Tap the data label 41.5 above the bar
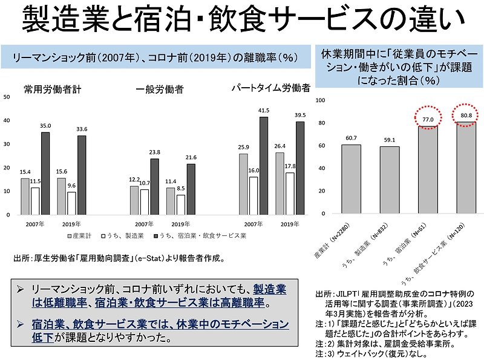click(x=263, y=111)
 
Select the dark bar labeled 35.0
click(x=45, y=173)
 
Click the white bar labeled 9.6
click(x=71, y=203)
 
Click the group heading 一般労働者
click(x=160, y=89)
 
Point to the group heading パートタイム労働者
click(x=271, y=88)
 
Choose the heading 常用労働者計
click(x=53, y=89)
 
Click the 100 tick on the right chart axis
click(x=321, y=100)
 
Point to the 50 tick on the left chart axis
click(x=7, y=97)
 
